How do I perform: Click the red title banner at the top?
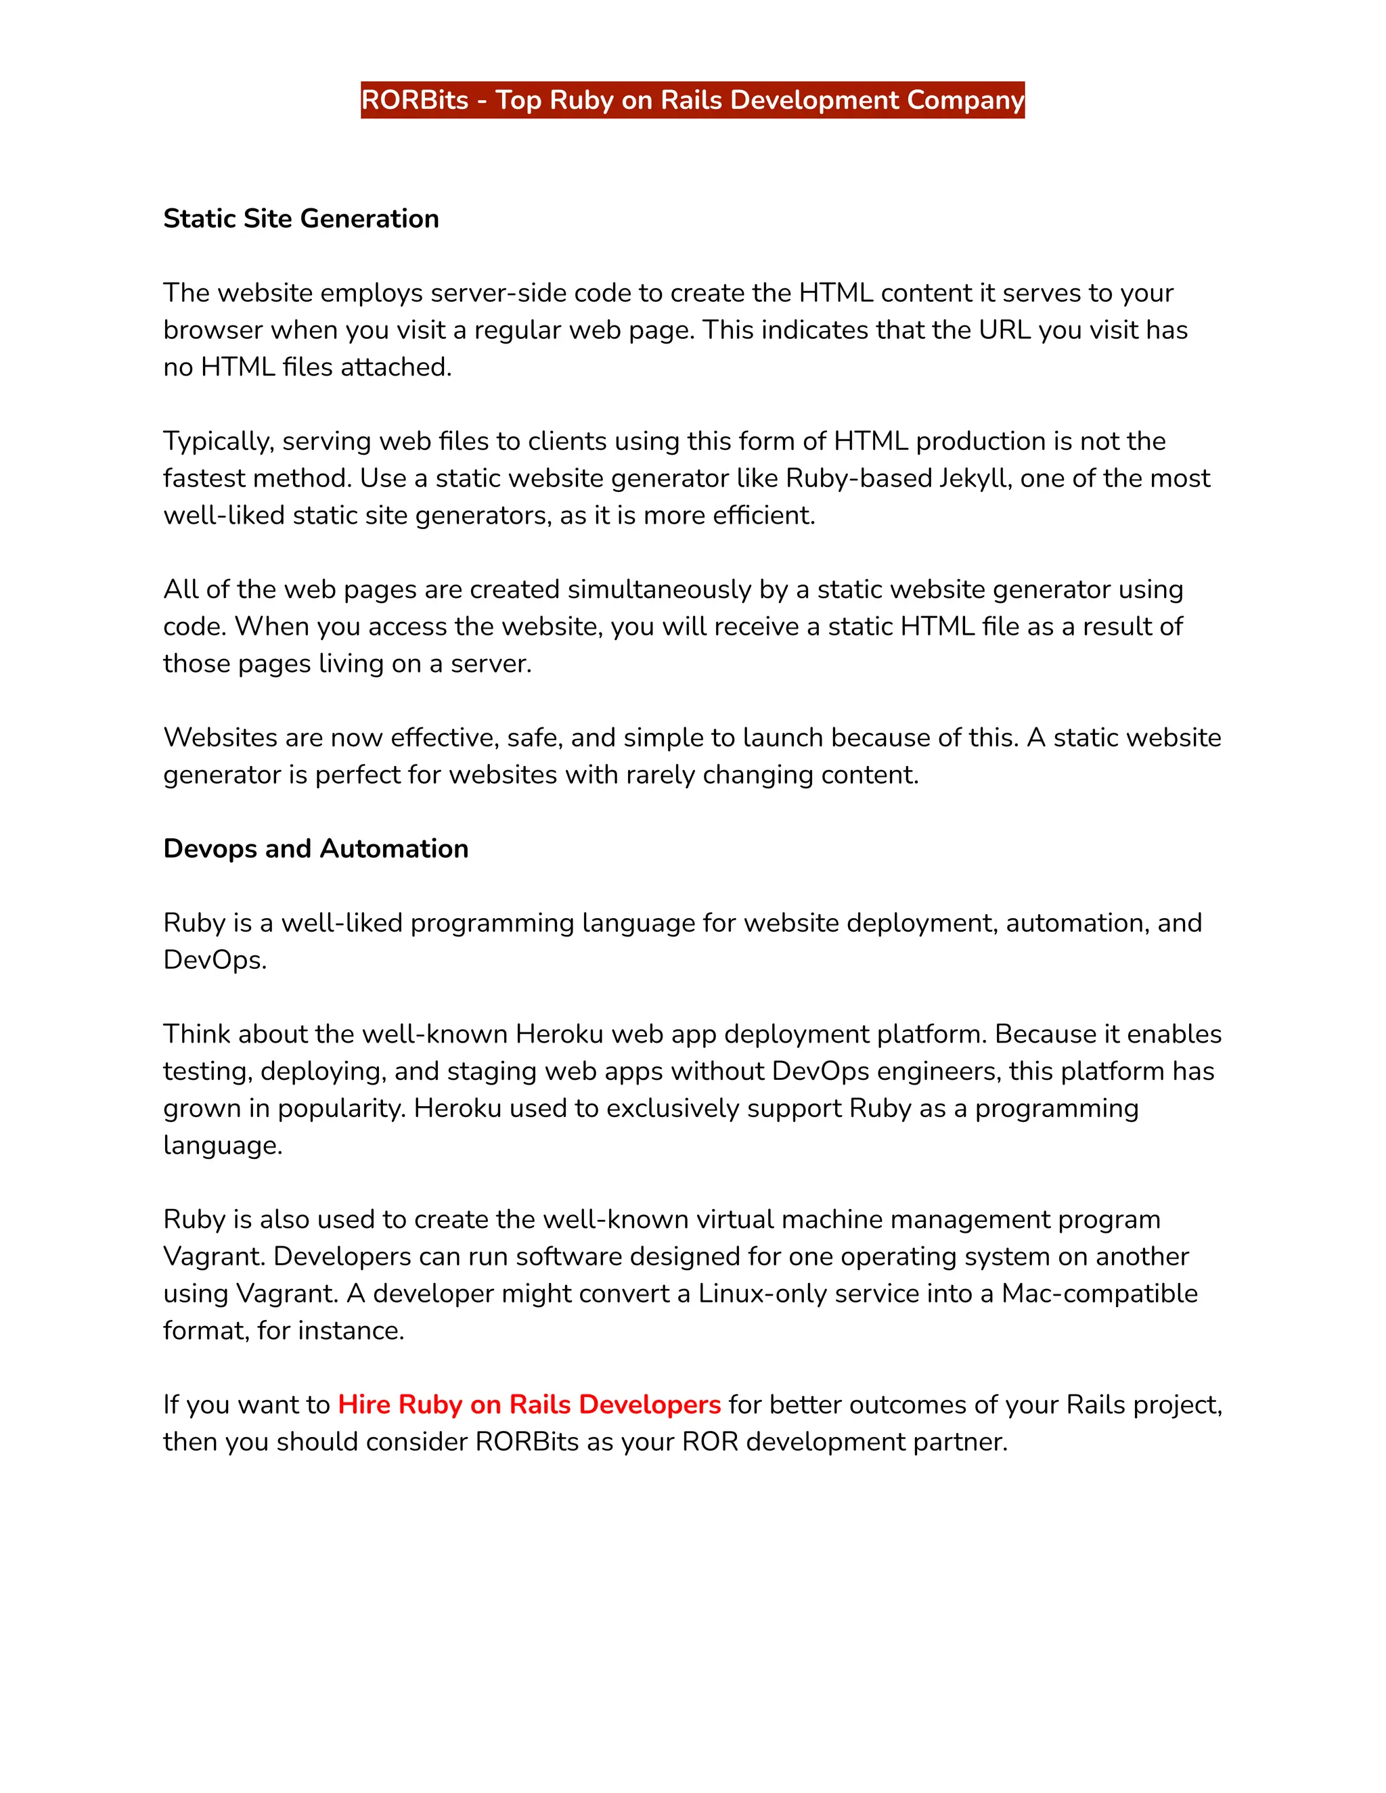pyautogui.click(x=692, y=100)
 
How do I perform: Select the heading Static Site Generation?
pyautogui.click(x=300, y=219)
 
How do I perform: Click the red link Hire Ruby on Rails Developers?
pyautogui.click(x=529, y=1405)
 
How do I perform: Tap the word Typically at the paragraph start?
pyautogui.click(x=217, y=442)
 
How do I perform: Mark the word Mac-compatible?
pyautogui.click(x=1098, y=1294)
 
